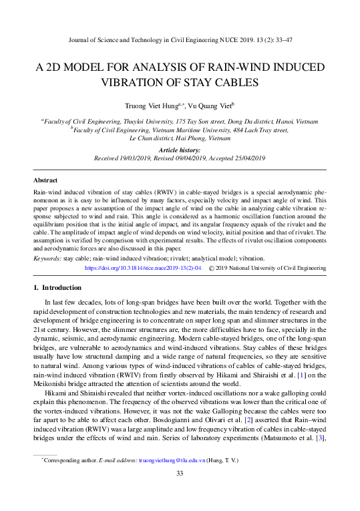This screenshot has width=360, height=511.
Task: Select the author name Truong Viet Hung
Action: (x=150, y=106)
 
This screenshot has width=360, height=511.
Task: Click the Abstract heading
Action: (x=45, y=181)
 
